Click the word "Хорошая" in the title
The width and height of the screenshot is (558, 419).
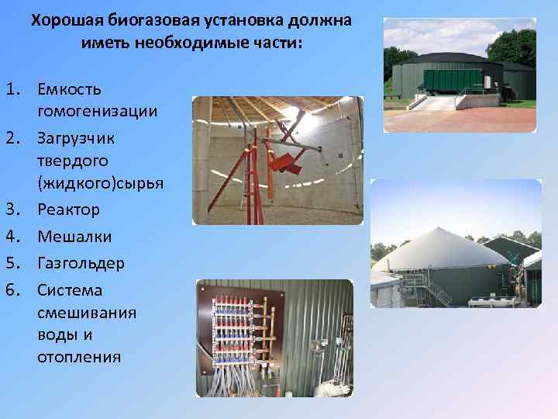click(x=64, y=21)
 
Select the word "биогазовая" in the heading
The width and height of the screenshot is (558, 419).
click(x=144, y=21)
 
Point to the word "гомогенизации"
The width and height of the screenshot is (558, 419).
click(x=97, y=112)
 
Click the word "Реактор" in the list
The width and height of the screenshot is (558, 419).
click(x=68, y=209)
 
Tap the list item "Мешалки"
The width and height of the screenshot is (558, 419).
click(x=74, y=237)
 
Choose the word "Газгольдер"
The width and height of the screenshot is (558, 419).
click(x=81, y=263)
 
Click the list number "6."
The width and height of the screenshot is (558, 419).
click(x=17, y=289)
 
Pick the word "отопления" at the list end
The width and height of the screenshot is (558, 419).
click(x=79, y=357)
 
